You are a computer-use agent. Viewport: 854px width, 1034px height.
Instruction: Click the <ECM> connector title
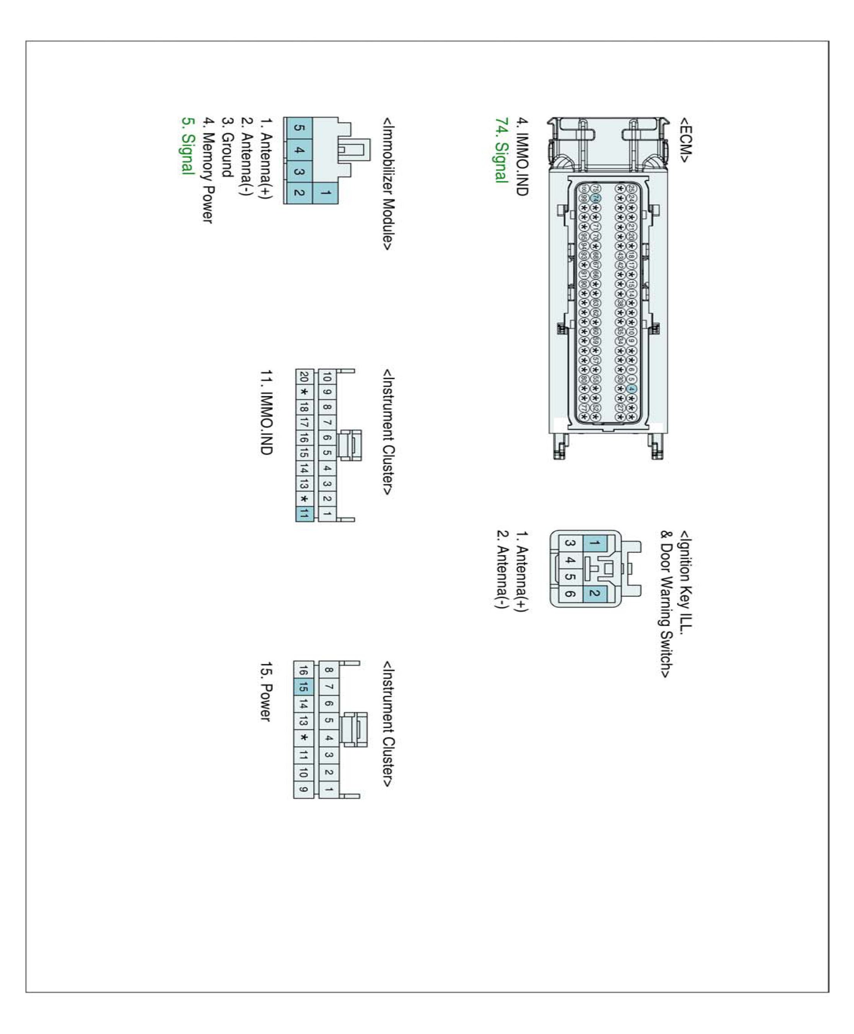pos(685,139)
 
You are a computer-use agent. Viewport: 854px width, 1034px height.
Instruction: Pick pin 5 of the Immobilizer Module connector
pos(298,128)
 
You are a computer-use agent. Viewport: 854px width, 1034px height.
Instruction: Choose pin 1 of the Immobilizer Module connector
pos(325,193)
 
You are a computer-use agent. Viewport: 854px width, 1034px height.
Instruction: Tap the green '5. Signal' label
pos(187,145)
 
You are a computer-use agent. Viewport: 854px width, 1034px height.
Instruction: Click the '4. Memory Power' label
pos(208,170)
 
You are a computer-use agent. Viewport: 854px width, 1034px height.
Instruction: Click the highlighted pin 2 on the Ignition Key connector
pos(594,593)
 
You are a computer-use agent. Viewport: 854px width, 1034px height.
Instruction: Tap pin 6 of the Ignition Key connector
pos(569,593)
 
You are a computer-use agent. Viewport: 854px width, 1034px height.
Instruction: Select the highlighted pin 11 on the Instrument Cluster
pos(304,514)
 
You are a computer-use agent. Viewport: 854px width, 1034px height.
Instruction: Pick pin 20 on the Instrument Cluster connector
pos(304,377)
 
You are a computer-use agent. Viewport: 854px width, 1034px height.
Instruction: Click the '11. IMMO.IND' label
pos(266,412)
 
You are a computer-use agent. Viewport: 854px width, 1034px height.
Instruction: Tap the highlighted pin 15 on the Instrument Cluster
pos(303,687)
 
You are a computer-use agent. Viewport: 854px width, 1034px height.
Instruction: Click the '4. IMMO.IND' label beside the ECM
pos(522,156)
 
